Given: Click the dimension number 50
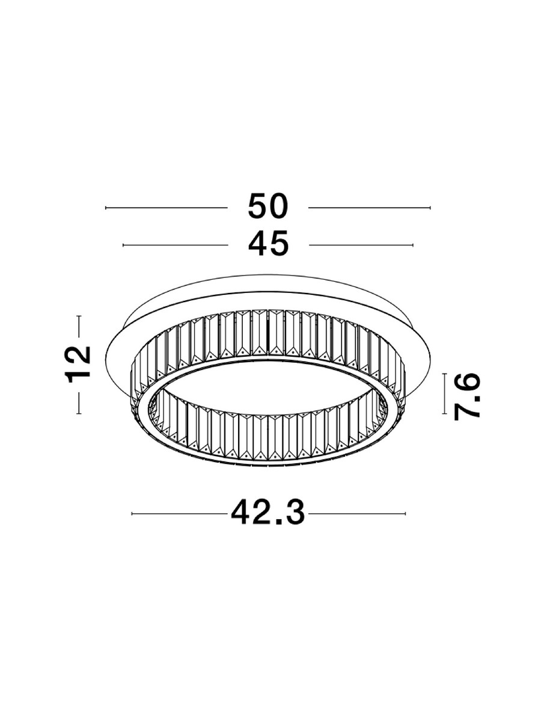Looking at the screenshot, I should (x=269, y=208).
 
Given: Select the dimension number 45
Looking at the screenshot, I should (x=269, y=245).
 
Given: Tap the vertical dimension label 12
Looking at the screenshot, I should (x=80, y=364).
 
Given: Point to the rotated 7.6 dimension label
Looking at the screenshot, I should (x=467, y=395).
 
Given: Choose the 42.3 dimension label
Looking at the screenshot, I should (x=268, y=514).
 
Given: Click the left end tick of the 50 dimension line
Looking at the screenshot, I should (x=106, y=208).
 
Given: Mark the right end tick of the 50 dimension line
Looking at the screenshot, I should (x=430, y=208).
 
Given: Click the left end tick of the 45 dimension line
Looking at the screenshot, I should (x=123, y=245).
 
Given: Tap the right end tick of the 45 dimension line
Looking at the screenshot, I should (x=414, y=245).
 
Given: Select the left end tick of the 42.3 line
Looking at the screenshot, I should (x=132, y=514).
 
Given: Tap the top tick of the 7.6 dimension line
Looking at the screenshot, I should (x=445, y=374).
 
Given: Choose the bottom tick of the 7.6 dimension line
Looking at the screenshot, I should (x=445, y=415).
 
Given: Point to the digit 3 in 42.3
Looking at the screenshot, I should (x=295, y=514).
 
